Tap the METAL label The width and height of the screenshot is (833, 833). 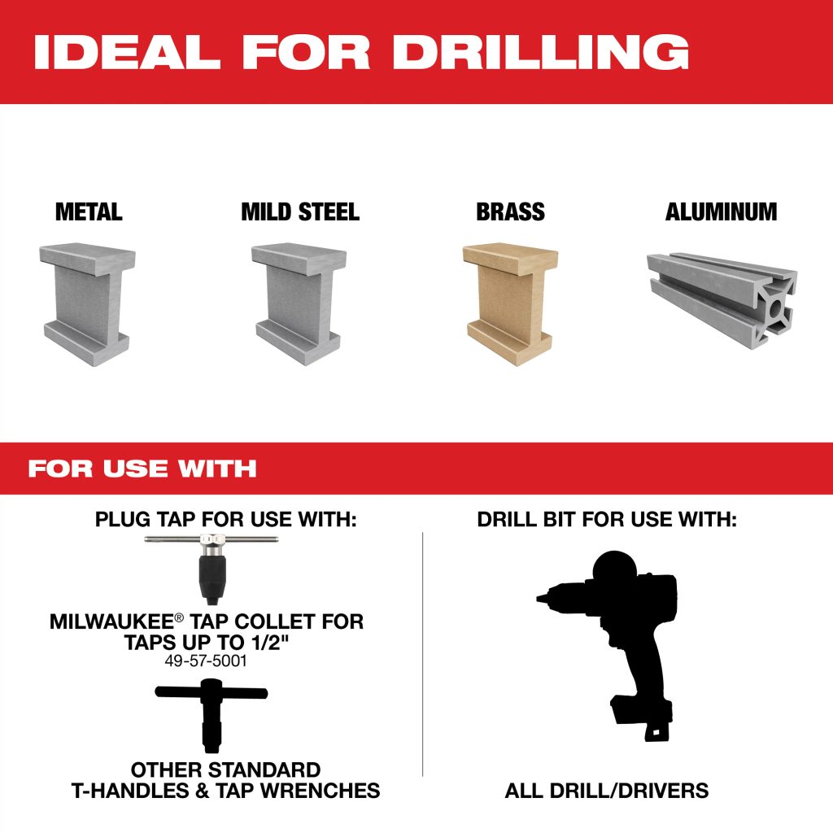89,212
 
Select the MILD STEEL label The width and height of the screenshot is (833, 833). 300,212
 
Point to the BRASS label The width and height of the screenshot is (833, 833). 510,212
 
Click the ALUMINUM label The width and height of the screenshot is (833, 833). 721,212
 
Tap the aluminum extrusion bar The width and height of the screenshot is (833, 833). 722,300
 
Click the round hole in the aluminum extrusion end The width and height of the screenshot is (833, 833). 775,308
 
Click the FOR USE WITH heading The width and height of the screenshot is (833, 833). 142,469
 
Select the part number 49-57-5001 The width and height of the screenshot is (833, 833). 206,661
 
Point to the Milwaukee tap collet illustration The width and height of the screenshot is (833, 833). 211,569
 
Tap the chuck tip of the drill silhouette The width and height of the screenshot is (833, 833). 540,598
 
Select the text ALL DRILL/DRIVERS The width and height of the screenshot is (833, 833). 607,791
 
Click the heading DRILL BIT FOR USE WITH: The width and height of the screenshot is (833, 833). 607,520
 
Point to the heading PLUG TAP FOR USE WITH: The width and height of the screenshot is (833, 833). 226,520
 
